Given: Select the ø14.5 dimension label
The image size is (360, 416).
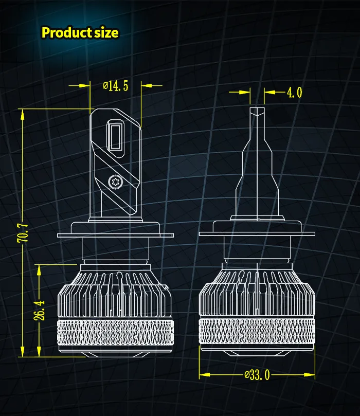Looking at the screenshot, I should coord(115,86).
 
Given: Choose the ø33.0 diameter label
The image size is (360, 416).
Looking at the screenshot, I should coord(257,374).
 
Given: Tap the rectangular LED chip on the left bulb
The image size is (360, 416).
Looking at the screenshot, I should coord(114,136).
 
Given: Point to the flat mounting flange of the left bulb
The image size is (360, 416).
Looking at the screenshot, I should coord(114,234).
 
